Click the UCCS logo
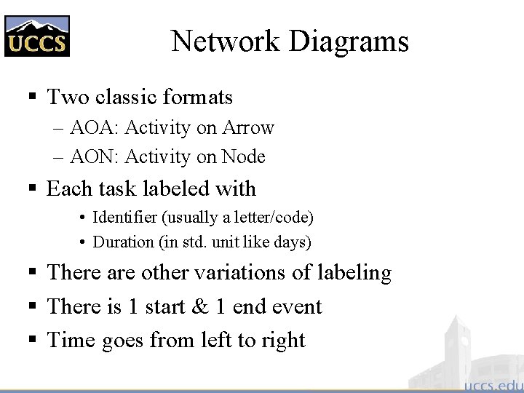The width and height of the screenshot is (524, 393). pos(37,36)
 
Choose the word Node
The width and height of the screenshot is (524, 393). pos(243,156)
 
